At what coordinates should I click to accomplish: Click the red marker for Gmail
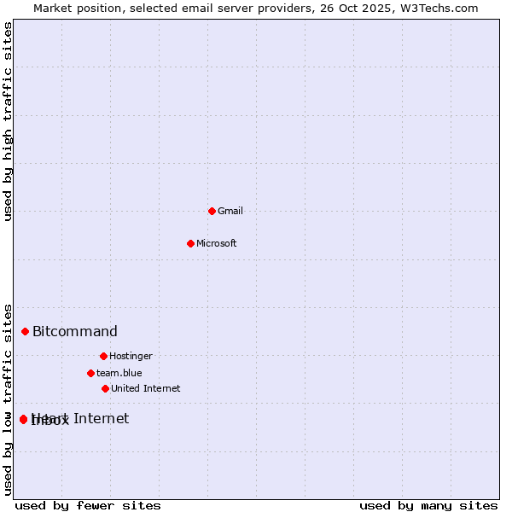[212, 211]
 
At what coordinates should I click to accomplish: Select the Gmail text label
[230, 212]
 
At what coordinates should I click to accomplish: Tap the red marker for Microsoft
[190, 243]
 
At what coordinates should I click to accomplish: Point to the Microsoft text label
[217, 244]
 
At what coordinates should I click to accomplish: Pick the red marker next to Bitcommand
[25, 331]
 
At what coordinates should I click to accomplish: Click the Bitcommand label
[75, 332]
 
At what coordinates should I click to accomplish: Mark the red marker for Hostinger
[103, 356]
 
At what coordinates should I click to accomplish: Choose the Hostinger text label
[131, 357]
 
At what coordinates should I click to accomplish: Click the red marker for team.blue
[90, 373]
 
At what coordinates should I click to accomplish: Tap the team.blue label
[119, 374]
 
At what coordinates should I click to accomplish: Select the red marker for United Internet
[105, 388]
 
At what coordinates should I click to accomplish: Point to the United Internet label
[146, 389]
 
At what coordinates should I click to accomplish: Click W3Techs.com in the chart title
[441, 8]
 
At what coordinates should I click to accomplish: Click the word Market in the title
[53, 8]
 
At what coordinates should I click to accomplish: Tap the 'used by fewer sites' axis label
[88, 506]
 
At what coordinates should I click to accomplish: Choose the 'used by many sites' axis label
[428, 506]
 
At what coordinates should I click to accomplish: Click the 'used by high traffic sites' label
[9, 121]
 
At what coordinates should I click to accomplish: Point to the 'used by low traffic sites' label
[9, 399]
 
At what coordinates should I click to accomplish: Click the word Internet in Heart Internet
[102, 418]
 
